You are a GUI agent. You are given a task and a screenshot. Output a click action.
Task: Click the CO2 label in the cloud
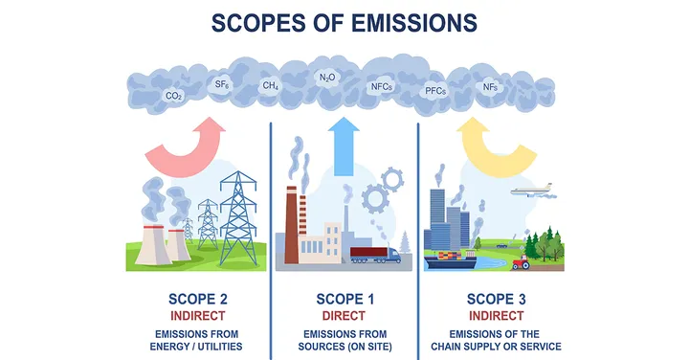click(x=174, y=96)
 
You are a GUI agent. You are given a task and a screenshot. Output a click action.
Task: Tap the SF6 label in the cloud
click(x=222, y=83)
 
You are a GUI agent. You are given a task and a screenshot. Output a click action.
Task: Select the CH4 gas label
click(x=270, y=85)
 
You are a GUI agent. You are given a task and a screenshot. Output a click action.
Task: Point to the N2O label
click(x=327, y=78)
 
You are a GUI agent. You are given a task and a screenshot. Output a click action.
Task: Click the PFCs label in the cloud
click(x=435, y=91)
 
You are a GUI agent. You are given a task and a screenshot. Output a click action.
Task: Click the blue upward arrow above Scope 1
click(x=344, y=146)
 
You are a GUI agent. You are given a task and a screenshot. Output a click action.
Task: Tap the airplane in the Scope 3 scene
click(x=532, y=191)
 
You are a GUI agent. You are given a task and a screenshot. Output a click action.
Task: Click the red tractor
click(x=522, y=262)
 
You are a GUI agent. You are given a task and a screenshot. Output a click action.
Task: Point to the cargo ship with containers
click(x=451, y=259)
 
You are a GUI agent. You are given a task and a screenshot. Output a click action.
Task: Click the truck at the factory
click(x=375, y=255)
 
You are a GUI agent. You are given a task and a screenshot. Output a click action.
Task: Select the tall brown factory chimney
click(x=291, y=225)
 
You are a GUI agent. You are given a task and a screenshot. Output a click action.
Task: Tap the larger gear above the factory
click(x=375, y=199)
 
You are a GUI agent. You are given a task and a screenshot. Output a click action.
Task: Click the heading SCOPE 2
click(x=198, y=300)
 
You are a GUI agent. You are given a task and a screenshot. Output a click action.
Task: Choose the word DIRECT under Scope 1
click(x=344, y=316)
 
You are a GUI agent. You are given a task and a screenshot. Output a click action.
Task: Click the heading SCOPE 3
click(x=496, y=300)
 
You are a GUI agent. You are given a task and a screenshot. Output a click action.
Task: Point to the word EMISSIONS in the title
click(x=414, y=23)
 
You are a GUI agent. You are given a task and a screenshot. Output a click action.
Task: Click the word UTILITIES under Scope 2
click(x=220, y=347)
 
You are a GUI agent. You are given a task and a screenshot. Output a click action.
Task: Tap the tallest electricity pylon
click(x=238, y=218)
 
